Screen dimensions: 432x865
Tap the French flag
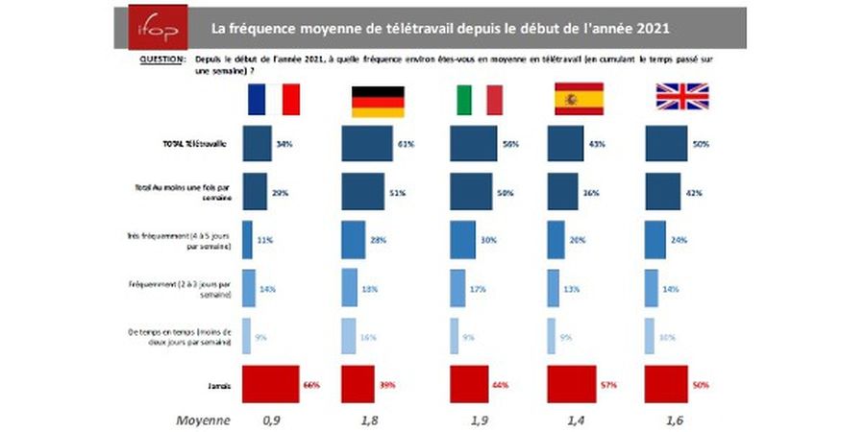point(274,99)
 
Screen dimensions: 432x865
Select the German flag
point(376,99)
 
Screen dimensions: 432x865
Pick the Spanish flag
point(579,99)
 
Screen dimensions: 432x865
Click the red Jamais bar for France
point(272,384)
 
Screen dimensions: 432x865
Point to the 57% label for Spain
point(608,385)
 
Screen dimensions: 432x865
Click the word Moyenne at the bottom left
point(202,420)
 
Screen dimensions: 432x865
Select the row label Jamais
point(216,384)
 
